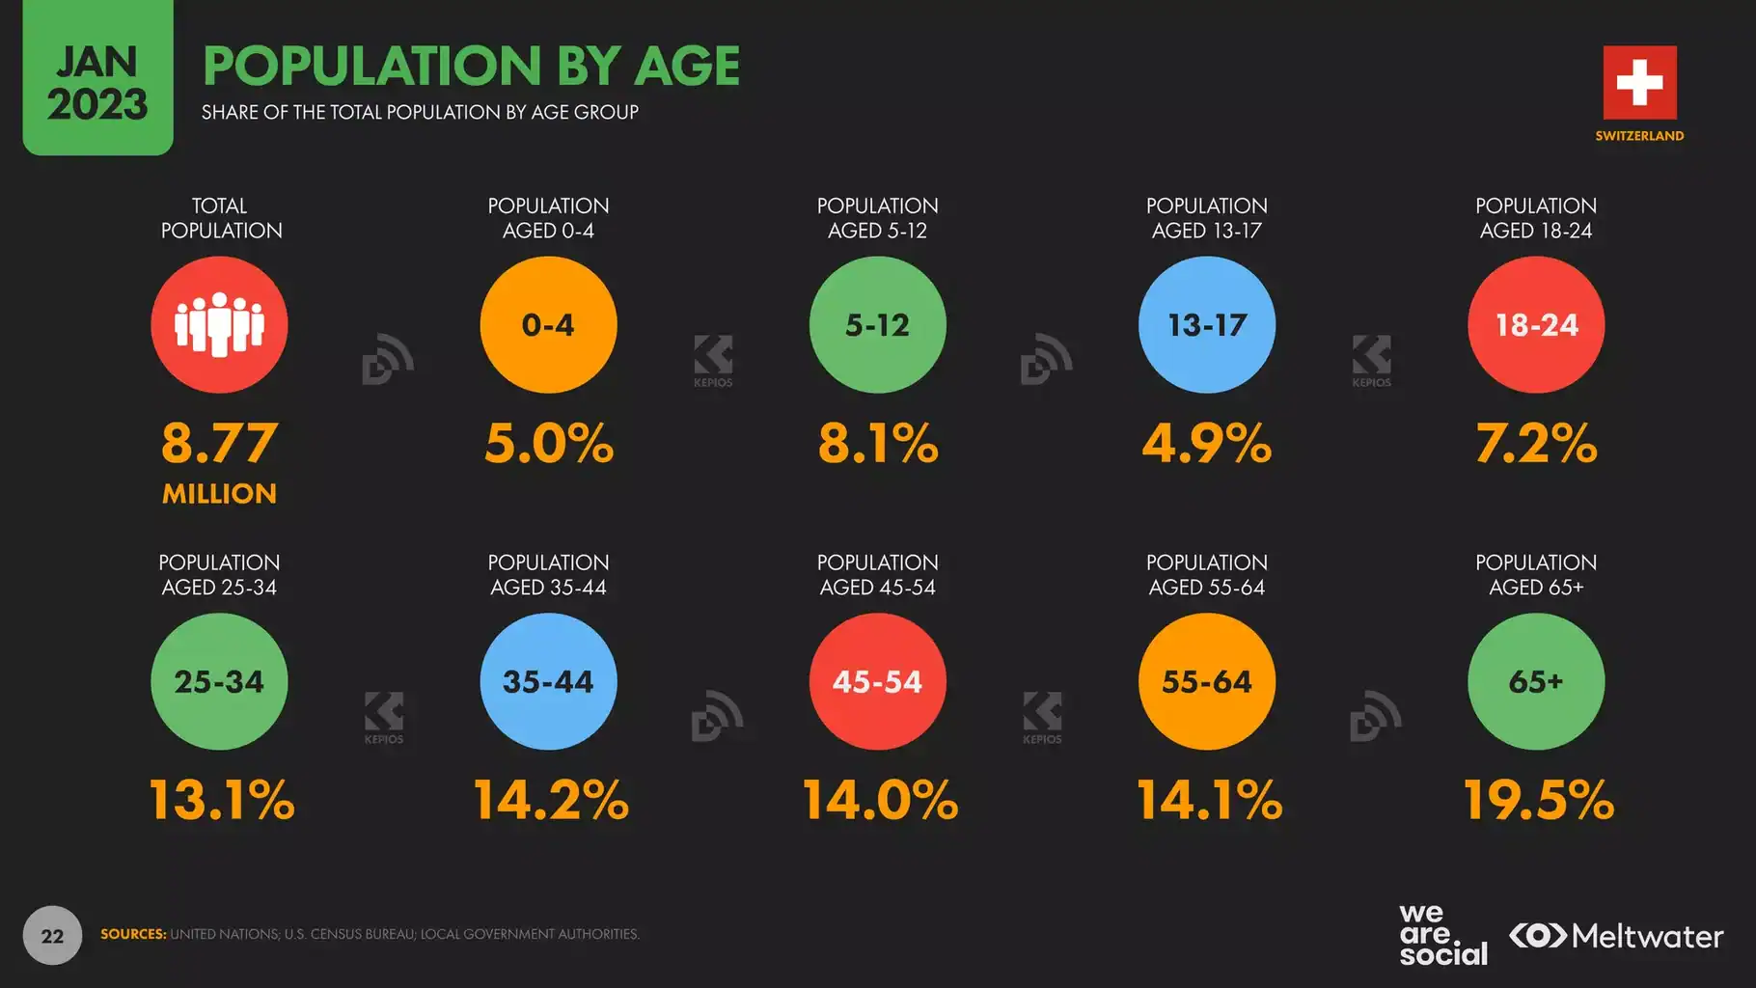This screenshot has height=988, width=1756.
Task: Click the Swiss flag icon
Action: point(1639,82)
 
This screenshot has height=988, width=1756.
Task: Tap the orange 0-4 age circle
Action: point(548,324)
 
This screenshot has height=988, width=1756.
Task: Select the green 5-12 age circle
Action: point(877,324)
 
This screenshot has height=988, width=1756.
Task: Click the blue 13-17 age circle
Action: point(1206,324)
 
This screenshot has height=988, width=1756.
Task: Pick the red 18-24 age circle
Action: point(1536,324)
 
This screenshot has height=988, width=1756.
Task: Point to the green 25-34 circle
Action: point(219,681)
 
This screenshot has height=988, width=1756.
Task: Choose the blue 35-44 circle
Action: point(548,681)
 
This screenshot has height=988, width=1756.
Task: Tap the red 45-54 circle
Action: point(877,681)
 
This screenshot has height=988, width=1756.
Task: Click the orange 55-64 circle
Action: point(1206,681)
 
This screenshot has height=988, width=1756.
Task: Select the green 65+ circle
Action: point(1536,681)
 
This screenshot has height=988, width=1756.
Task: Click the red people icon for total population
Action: point(219,324)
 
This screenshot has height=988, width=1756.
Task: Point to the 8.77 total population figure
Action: point(219,443)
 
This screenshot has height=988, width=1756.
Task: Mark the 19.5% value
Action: point(1538,800)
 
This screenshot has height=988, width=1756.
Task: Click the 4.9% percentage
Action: point(1206,443)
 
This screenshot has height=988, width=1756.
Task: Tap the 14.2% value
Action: point(550,800)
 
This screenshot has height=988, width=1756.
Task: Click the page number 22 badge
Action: point(52,935)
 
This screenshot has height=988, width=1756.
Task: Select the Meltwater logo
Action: point(1616,936)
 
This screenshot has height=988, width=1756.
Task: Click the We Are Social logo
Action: point(1442,935)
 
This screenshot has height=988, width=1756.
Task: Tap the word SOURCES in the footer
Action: point(133,934)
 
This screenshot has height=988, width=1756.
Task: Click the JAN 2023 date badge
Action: point(97,82)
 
